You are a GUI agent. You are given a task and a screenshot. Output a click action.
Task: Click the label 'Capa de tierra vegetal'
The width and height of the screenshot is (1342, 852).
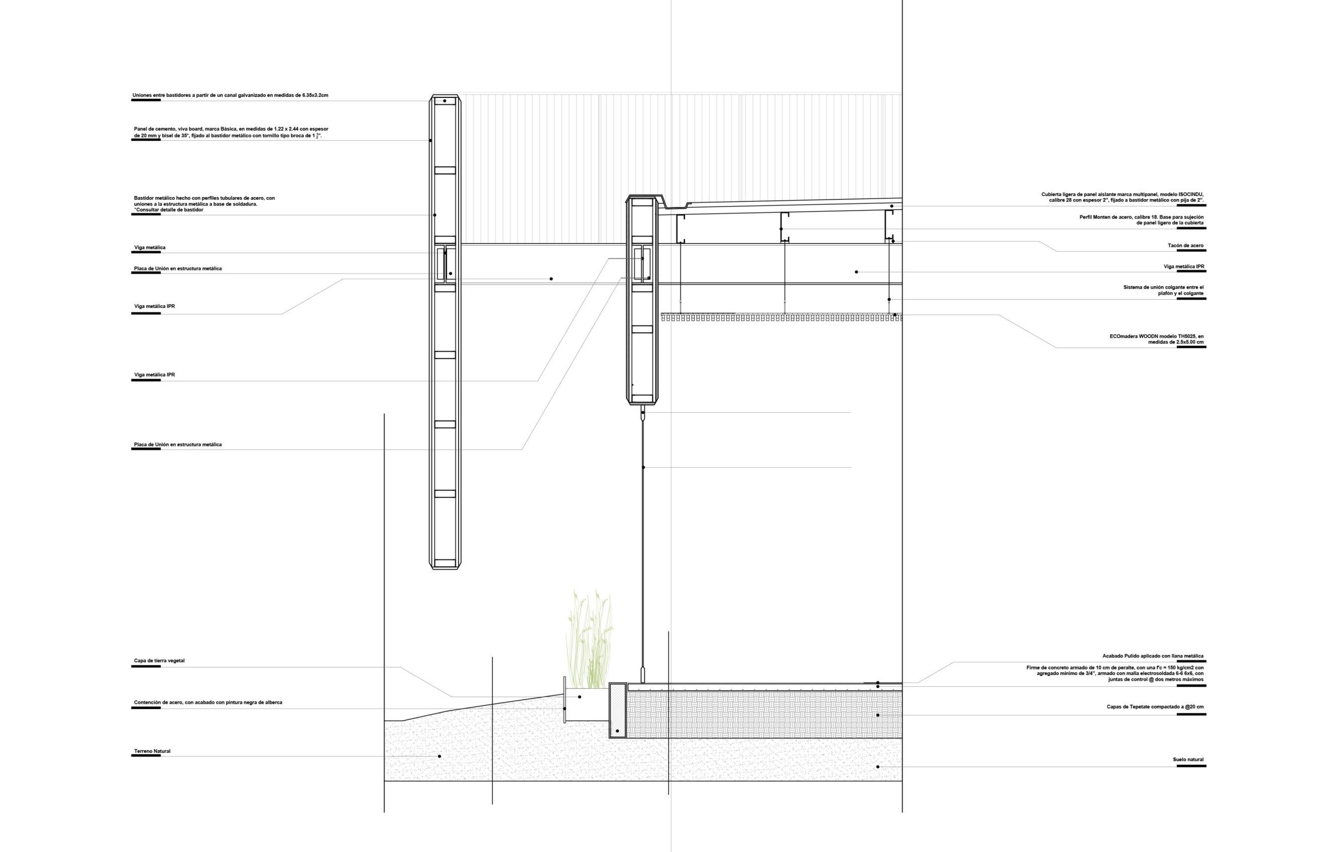coord(159,661)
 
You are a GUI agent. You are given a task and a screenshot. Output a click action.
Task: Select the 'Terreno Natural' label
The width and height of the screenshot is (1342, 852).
coord(152,751)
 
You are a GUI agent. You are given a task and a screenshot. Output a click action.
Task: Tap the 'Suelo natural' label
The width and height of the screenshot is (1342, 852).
coord(1188,759)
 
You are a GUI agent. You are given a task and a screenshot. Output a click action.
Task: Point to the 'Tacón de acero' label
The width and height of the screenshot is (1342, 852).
coord(1186,246)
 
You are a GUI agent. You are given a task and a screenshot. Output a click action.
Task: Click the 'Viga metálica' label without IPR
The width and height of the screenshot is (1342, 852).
coord(149,248)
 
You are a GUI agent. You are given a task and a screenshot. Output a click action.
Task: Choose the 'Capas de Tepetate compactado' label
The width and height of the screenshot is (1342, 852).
coord(1155,707)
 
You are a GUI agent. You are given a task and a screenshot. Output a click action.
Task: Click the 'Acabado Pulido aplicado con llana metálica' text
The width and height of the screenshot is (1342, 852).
coord(1153,657)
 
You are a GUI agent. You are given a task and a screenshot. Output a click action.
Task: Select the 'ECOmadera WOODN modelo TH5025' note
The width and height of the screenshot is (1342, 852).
coord(1156,339)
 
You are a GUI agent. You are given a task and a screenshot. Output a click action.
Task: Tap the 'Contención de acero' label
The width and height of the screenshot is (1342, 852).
coord(208,703)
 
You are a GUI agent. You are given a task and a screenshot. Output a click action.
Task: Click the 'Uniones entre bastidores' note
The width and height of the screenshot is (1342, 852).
coord(230,95)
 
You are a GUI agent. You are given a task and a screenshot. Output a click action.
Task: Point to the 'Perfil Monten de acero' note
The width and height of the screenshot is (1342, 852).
coord(1141,220)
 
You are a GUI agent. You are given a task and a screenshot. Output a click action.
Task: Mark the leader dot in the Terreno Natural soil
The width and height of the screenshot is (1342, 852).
coord(439,756)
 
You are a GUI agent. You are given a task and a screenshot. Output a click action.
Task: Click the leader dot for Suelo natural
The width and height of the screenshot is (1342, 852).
coord(878,767)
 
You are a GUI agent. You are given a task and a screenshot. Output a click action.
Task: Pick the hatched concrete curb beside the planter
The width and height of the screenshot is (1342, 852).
coord(618,711)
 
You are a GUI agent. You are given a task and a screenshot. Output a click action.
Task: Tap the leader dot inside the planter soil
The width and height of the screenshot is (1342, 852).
coord(580,697)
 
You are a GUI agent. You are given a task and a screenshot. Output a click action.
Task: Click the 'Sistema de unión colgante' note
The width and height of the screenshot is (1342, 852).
coord(1163,290)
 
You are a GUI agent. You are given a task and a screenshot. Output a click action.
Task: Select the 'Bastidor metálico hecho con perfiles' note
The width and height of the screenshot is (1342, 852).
coord(204,204)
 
